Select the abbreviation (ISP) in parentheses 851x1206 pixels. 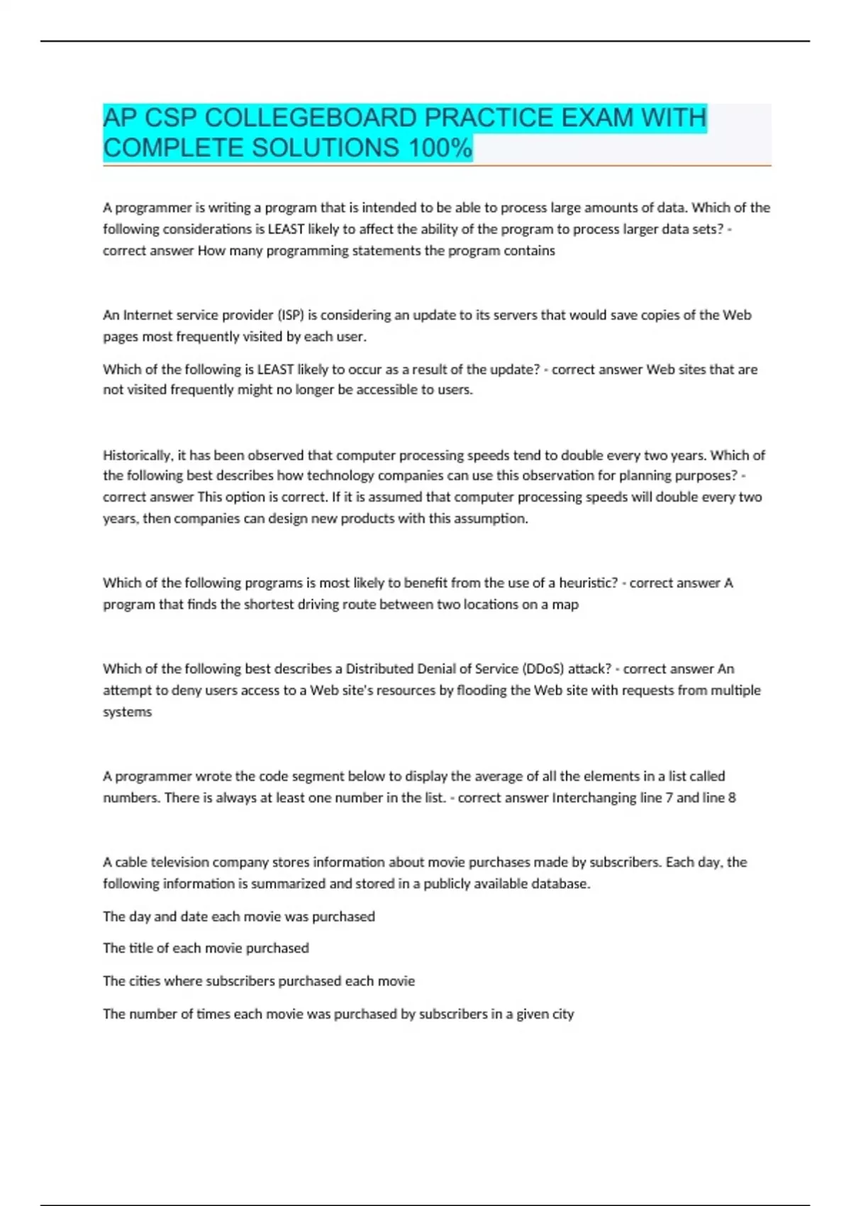click(289, 315)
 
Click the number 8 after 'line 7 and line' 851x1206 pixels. click(732, 798)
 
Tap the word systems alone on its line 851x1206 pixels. click(127, 712)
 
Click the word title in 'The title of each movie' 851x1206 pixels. click(140, 948)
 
